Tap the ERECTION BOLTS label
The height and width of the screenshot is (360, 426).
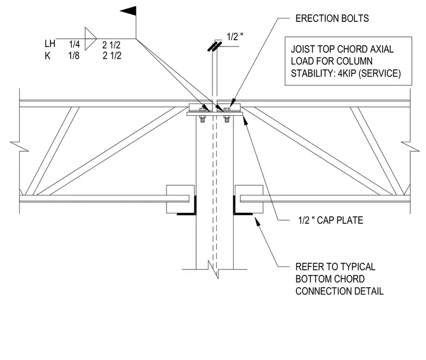coord(332,18)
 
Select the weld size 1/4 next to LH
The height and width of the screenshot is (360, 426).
coord(74,44)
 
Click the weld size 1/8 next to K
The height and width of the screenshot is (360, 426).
coord(74,55)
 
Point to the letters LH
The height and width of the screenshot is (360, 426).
coord(50,44)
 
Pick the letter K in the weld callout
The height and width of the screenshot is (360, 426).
coord(48,55)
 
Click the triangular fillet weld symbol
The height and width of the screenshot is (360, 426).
coord(90,39)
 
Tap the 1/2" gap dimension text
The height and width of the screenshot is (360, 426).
coord(235,36)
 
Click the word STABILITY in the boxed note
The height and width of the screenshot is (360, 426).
coord(312,73)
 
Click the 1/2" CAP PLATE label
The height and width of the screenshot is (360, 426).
coord(330,220)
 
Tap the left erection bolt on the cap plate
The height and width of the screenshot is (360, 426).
coord(202,115)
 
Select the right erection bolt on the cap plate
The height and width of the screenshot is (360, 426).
coord(227,115)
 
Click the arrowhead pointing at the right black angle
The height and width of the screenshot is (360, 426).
coord(257,222)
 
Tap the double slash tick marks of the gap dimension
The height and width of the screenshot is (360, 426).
coord(215,46)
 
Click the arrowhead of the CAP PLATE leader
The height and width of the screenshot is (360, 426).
coord(246,120)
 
